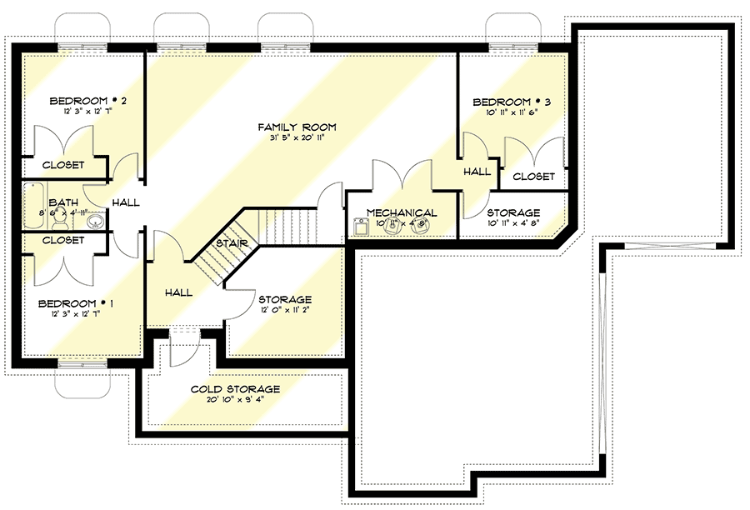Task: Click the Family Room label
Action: (x=296, y=127)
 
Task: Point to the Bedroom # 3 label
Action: (x=512, y=102)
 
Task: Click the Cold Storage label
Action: (x=235, y=389)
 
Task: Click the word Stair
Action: (x=229, y=243)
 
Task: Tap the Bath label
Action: (x=63, y=202)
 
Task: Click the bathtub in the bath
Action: (x=34, y=204)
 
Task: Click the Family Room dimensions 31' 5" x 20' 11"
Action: (x=297, y=138)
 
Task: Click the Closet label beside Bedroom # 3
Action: (x=533, y=177)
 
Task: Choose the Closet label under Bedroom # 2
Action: (x=63, y=165)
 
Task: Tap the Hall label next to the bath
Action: (x=127, y=202)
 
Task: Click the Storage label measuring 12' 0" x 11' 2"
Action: (x=285, y=299)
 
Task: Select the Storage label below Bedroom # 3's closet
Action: (x=513, y=212)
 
